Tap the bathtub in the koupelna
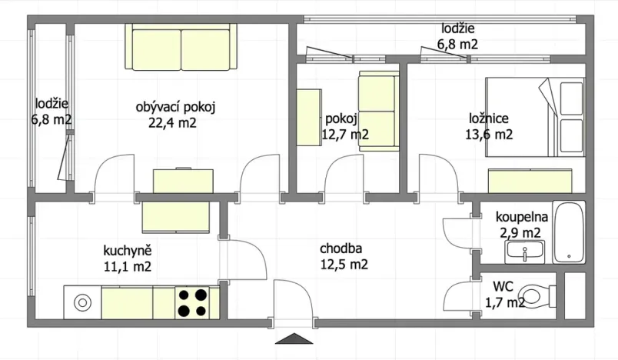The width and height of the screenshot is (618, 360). [570, 232]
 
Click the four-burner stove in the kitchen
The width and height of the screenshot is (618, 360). [193, 302]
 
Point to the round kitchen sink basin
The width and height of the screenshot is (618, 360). [81, 303]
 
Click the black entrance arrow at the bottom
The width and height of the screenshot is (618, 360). [294, 340]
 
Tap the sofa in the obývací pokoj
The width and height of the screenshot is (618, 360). [181, 47]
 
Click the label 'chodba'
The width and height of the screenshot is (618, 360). [341, 248]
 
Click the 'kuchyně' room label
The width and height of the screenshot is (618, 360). [127, 250]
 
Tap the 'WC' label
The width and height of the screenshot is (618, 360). [503, 286]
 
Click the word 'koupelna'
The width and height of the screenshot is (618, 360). [521, 215]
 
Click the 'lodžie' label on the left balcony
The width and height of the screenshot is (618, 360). [51, 104]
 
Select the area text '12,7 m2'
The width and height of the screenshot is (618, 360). [344, 135]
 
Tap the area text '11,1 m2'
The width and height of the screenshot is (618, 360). [127, 267]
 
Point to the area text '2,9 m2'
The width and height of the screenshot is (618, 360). [521, 232]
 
